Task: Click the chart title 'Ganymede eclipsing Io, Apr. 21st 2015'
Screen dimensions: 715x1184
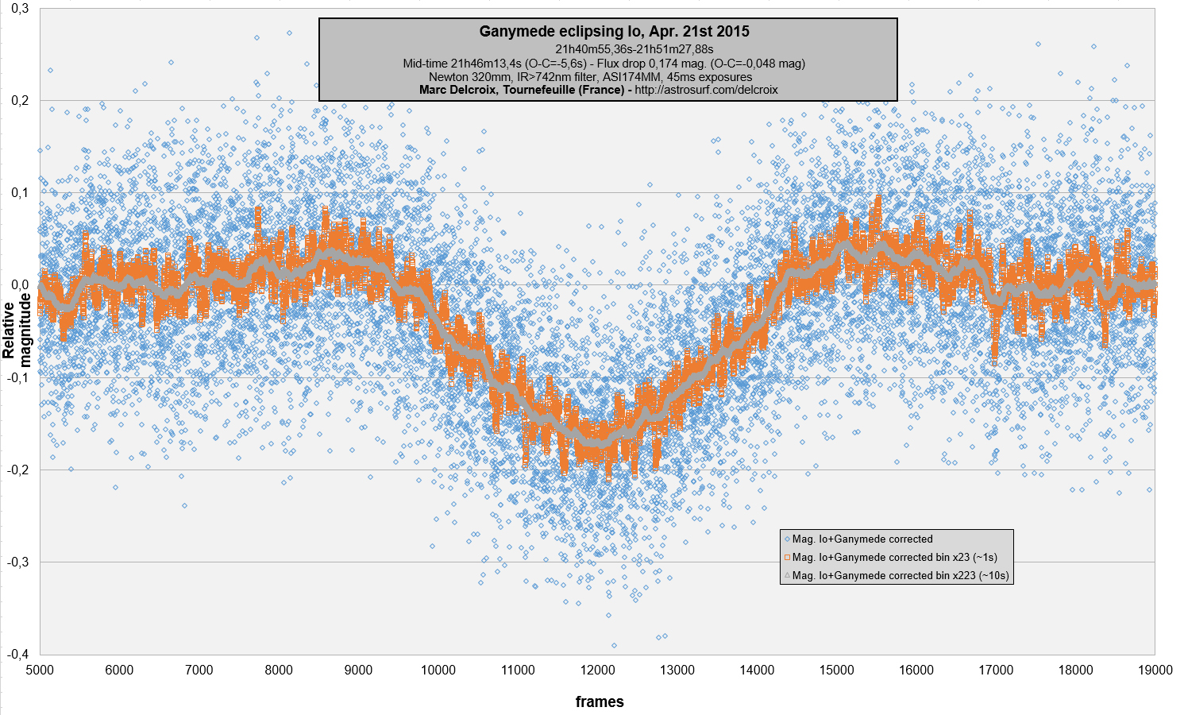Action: [x=614, y=32]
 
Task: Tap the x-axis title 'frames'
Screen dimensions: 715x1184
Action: [x=600, y=701]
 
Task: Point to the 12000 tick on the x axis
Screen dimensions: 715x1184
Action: [x=597, y=670]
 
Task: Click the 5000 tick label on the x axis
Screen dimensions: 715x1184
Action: [x=40, y=670]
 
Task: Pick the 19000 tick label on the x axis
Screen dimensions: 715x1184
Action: [x=1155, y=670]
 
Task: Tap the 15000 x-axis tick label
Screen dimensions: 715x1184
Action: [x=836, y=670]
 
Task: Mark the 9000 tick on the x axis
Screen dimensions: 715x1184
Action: [x=358, y=670]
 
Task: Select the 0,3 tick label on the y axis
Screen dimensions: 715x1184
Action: [x=19, y=9]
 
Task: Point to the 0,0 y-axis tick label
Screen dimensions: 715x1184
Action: [x=19, y=285]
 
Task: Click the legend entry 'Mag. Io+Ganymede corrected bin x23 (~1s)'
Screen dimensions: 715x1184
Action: [x=895, y=557]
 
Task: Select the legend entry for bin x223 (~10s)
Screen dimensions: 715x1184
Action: [x=901, y=575]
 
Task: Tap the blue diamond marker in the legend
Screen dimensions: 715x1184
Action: [x=786, y=539]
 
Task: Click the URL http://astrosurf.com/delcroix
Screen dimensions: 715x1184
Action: [x=706, y=90]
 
